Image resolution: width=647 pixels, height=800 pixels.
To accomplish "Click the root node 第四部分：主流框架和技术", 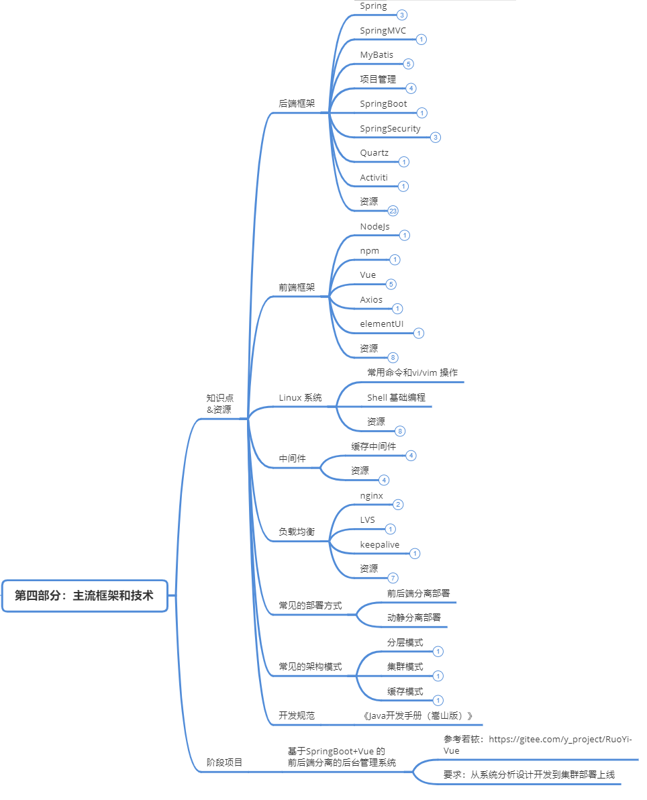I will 85,595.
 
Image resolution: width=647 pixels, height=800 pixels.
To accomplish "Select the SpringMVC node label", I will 383,31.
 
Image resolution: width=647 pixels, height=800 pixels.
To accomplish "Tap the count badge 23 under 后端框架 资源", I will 393,211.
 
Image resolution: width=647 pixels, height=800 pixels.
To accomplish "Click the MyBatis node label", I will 377,55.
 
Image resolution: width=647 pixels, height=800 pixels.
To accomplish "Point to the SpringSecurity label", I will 390,129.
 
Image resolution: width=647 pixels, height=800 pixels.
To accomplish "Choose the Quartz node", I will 374,153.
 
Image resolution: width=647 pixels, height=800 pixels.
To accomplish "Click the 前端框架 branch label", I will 297,287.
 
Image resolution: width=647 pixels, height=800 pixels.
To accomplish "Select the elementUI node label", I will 381,324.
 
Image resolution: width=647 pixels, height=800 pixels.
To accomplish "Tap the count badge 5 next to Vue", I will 391,284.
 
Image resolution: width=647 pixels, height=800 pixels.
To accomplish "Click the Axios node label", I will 371,300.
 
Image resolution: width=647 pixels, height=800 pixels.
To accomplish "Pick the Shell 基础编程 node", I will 396,397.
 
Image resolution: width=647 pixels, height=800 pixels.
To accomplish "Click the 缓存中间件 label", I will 373,446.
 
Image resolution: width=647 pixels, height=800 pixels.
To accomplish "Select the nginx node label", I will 371,496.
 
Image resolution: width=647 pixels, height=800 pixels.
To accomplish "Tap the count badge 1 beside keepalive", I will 415,554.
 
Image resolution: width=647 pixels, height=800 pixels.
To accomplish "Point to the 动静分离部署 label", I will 413,617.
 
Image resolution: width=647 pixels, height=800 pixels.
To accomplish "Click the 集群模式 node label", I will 405,667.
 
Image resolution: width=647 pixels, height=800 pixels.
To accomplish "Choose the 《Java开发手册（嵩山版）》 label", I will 417,716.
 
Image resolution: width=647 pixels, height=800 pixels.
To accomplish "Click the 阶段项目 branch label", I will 224,763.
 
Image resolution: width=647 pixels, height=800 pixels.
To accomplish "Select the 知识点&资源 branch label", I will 220,403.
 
